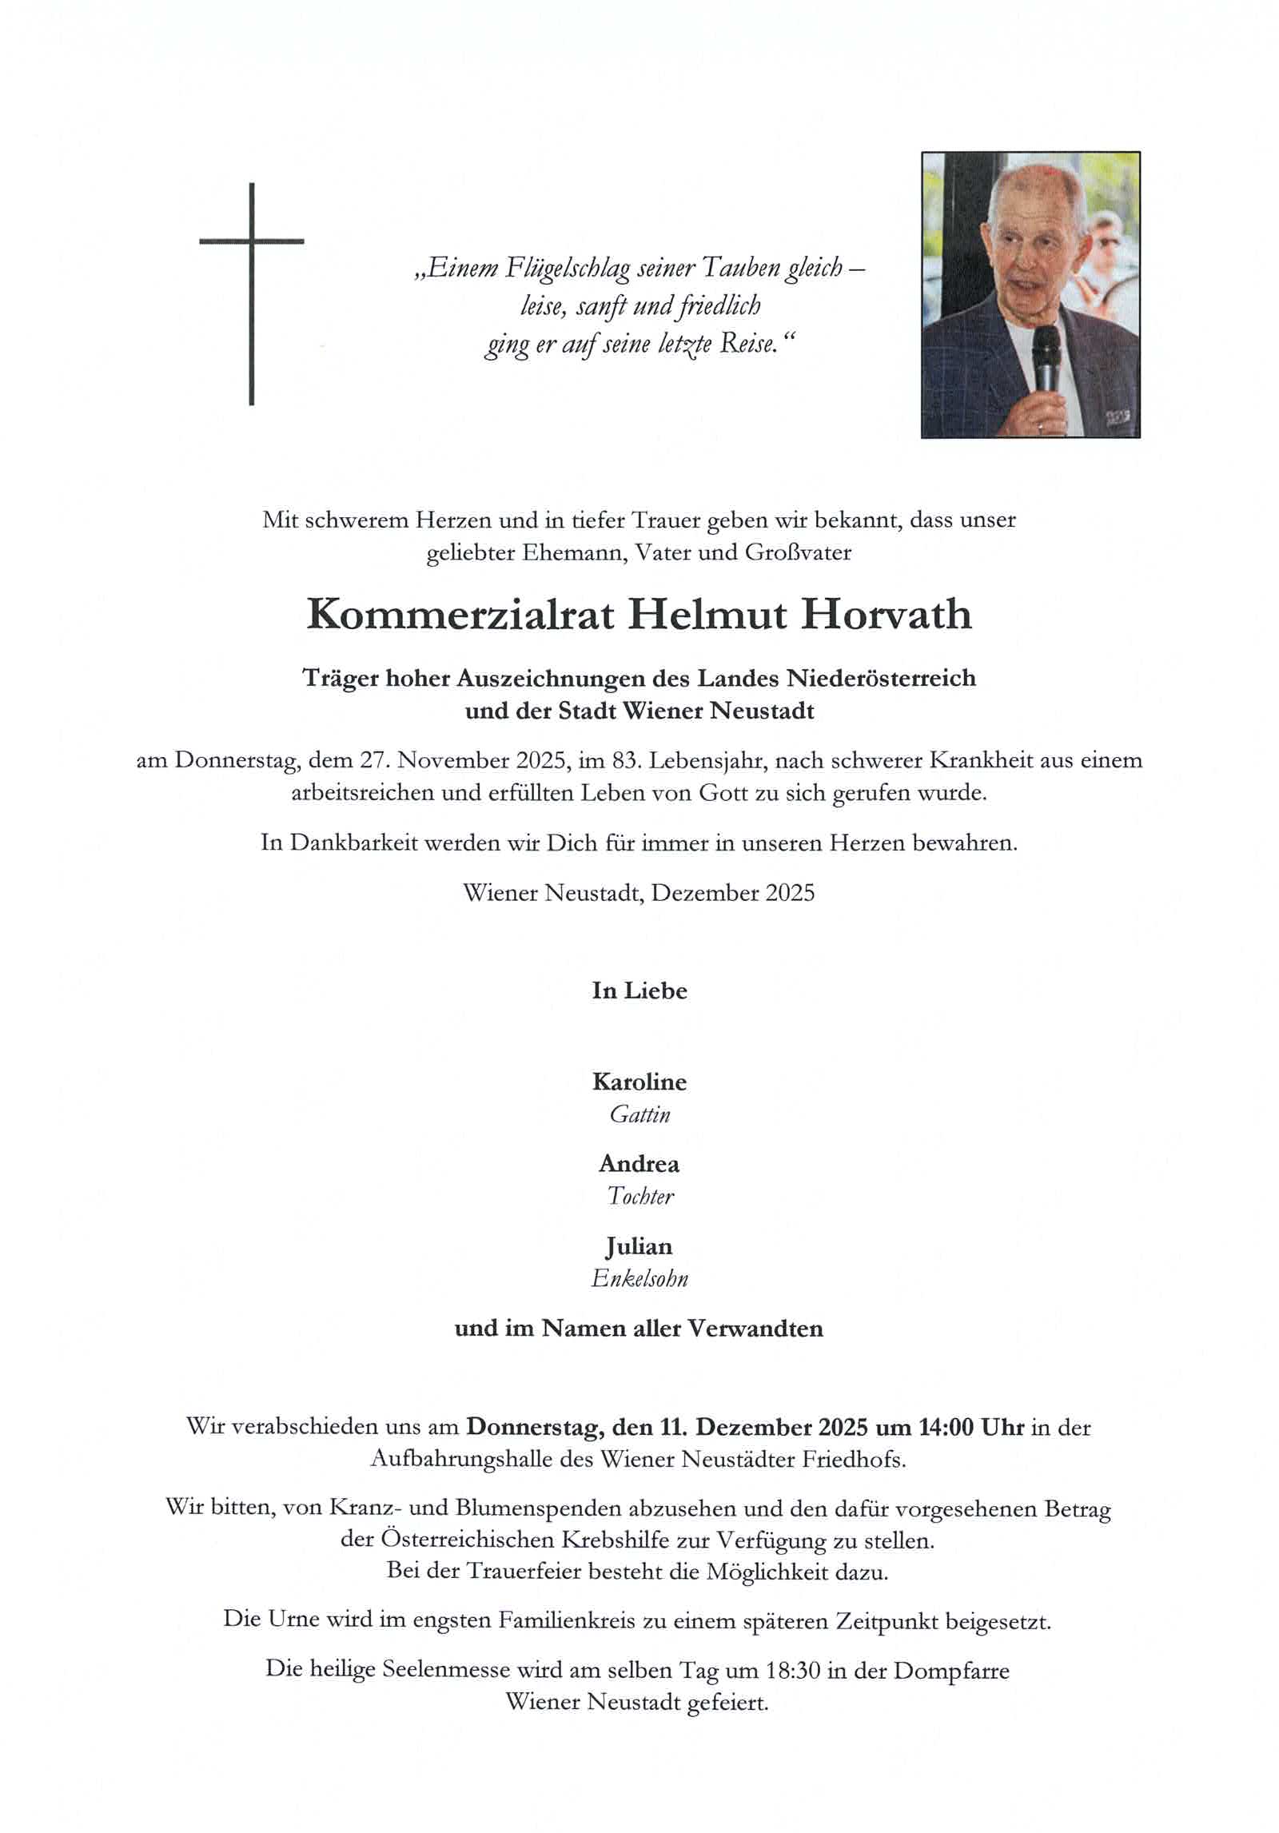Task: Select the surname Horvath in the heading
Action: tap(886, 615)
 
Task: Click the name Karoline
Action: tap(639, 1082)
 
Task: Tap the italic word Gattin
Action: tap(639, 1114)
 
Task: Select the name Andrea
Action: tap(639, 1164)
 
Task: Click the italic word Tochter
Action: tap(639, 1197)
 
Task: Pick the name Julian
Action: tap(639, 1246)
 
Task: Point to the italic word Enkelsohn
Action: tap(639, 1279)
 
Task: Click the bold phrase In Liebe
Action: tap(639, 991)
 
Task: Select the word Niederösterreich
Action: tap(881, 679)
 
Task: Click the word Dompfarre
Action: tap(951, 1671)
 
